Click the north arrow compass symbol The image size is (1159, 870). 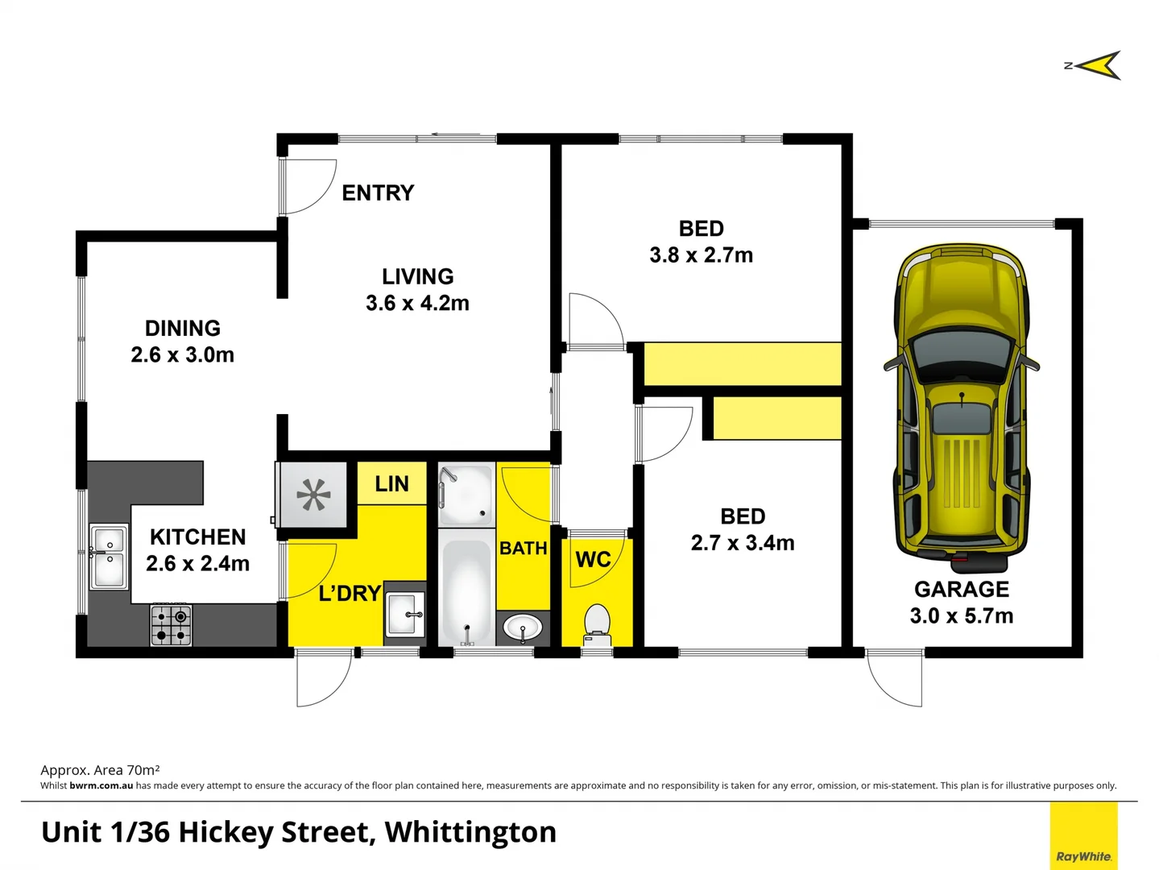click(1096, 65)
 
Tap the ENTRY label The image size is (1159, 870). click(378, 193)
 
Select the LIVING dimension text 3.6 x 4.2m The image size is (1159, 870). click(417, 304)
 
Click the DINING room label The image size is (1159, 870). click(183, 329)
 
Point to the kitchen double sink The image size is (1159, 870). click(109, 556)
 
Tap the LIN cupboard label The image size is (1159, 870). click(391, 484)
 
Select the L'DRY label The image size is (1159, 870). click(350, 594)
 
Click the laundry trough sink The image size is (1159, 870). click(404, 615)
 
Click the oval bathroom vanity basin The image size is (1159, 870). click(524, 627)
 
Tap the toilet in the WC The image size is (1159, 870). click(597, 625)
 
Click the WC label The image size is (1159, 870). click(593, 560)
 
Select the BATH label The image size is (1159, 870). click(524, 549)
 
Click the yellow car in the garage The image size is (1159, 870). click(962, 403)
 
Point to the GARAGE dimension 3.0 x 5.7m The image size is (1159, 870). click(962, 616)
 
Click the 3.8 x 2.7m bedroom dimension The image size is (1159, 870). click(702, 255)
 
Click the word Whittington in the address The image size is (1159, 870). click(470, 832)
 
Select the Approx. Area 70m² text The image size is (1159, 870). click(100, 770)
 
